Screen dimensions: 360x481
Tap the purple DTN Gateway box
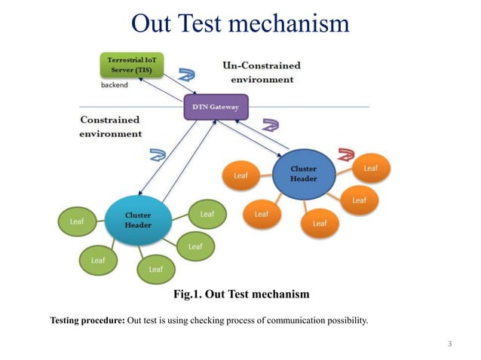point(216,107)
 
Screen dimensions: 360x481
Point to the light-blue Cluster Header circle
point(138,220)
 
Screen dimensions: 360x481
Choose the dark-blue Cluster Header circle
point(304,175)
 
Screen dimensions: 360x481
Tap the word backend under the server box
point(115,85)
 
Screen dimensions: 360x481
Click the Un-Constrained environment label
point(261,72)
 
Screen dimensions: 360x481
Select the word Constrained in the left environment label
point(109,120)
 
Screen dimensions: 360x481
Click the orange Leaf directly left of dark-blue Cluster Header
point(240,177)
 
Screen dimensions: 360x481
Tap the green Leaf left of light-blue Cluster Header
point(77,221)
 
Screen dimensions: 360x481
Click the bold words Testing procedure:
point(87,321)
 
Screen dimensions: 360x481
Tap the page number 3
point(449,344)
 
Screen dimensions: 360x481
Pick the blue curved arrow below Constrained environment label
point(158,155)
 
